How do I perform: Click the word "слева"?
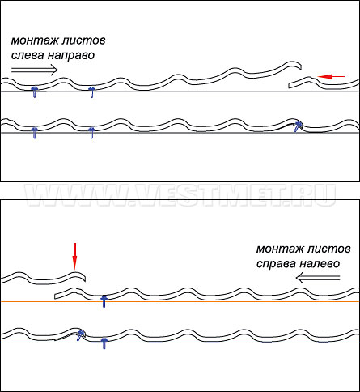[x=27, y=55]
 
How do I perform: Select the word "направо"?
[x=71, y=56]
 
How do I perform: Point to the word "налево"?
[x=320, y=263]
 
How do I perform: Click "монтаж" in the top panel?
[x=34, y=41]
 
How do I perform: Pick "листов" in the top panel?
[x=83, y=41]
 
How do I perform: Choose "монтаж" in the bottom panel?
[x=279, y=249]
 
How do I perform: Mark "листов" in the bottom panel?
[x=328, y=249]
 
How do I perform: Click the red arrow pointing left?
[x=331, y=77]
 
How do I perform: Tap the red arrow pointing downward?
[x=74, y=256]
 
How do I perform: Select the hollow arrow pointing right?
[x=35, y=70]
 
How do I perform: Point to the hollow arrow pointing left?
[x=318, y=278]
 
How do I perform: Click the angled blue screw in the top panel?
[x=298, y=126]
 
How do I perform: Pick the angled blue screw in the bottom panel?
[x=80, y=335]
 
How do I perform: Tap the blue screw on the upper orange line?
[x=104, y=302]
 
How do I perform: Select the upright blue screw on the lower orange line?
[x=104, y=343]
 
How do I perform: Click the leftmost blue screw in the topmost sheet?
[x=35, y=92]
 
